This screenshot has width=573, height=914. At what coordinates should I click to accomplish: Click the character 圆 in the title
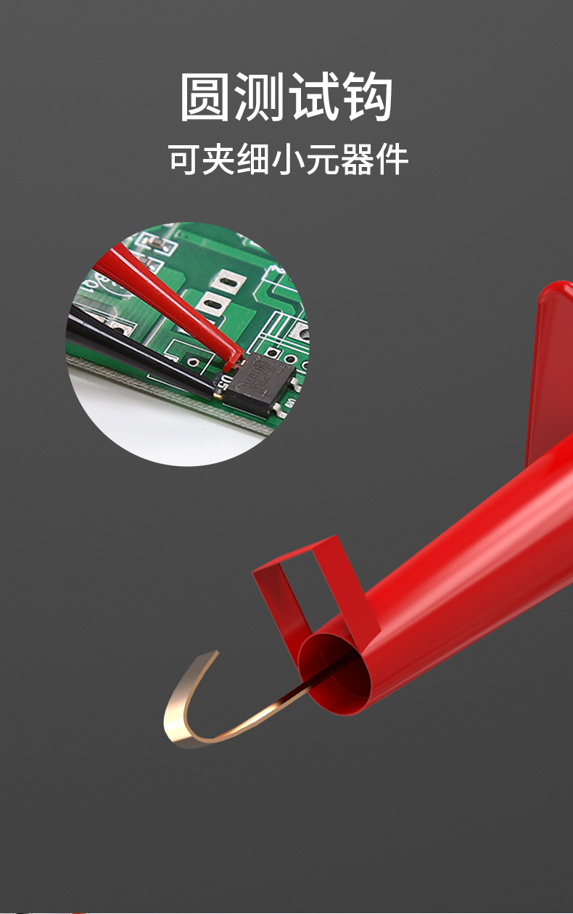click(x=205, y=97)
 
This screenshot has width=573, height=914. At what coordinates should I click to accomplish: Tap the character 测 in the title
click(x=259, y=97)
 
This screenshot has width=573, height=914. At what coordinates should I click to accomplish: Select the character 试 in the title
click(x=314, y=97)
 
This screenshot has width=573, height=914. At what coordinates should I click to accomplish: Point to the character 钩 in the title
click(x=368, y=97)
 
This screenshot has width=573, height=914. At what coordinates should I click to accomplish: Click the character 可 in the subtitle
click(x=184, y=159)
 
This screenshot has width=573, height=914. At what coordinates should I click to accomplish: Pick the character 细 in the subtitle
click(x=252, y=159)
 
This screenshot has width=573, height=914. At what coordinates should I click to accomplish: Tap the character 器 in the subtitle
click(x=357, y=159)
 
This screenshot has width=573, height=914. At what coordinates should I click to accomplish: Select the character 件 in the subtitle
click(x=392, y=159)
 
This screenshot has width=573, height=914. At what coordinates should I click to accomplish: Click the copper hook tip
click(x=212, y=653)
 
